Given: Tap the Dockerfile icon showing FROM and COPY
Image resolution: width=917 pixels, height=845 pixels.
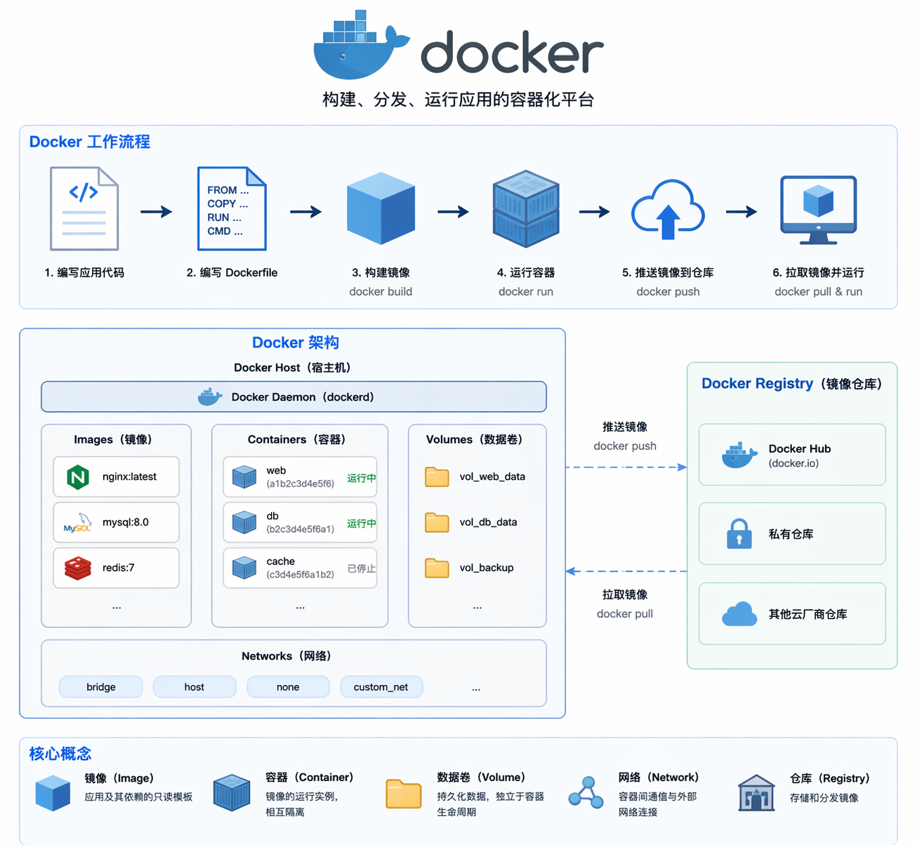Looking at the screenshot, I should pos(232,208).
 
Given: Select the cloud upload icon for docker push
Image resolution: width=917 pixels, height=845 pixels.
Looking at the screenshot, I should pos(668,209).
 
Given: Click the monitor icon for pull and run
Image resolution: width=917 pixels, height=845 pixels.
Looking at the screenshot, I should pos(818,209).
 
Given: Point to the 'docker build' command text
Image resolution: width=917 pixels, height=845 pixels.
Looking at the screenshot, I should pos(381,291).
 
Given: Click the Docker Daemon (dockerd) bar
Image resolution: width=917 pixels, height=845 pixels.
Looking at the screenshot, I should pos(293,397).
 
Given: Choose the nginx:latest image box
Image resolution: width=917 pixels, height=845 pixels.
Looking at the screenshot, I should pos(116,477).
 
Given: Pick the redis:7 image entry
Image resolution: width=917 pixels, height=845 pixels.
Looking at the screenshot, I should pos(116,568).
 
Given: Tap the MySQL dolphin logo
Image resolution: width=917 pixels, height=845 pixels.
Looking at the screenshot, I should pos(78,522).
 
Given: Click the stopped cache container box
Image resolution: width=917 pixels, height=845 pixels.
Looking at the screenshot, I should pos(300,568).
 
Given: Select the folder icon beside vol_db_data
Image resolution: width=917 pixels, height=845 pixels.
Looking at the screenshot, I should pos(437,522).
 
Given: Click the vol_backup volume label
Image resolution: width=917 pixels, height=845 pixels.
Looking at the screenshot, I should pos(487,568).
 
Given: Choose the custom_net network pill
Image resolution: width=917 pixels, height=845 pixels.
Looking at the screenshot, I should pos(381,687).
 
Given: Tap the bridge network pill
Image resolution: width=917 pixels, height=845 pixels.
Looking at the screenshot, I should pos(101,687).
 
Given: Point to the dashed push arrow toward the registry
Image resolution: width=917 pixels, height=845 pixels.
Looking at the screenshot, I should pos(625,467).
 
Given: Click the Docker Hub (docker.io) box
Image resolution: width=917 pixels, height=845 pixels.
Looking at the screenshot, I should pos(792,455).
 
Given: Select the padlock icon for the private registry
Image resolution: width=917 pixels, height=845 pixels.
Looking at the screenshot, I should pos(739,533).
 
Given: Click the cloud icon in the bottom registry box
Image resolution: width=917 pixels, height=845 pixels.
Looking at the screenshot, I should pos(739,614).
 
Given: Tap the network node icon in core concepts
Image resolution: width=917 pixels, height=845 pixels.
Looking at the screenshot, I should pos(586,793).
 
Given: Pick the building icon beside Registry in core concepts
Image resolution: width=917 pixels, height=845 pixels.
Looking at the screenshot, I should pos(756,793).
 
